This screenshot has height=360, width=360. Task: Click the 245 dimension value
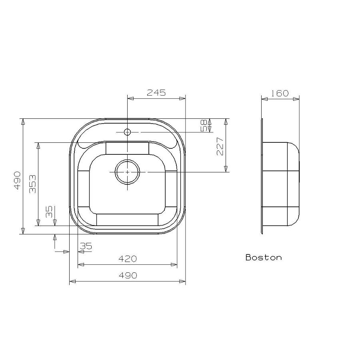tap(156, 93)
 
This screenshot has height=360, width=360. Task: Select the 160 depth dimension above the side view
tap(280, 94)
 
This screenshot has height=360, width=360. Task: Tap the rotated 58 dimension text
tap(204, 125)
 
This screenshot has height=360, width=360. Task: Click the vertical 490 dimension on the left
tap(17, 180)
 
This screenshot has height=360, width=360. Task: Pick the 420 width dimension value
tap(128, 259)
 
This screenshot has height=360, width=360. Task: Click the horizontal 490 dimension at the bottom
tap(128, 276)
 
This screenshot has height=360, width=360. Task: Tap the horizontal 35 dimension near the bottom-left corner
tap(86, 246)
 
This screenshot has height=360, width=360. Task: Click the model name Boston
tap(264, 258)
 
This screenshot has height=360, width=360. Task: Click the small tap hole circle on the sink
tap(127, 132)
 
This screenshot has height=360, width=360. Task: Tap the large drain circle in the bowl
tap(127, 172)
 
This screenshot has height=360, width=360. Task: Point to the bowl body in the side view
tap(280, 184)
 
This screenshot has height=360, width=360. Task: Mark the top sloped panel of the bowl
tap(127, 148)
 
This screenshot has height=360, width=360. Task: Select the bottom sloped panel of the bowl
tap(127, 220)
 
